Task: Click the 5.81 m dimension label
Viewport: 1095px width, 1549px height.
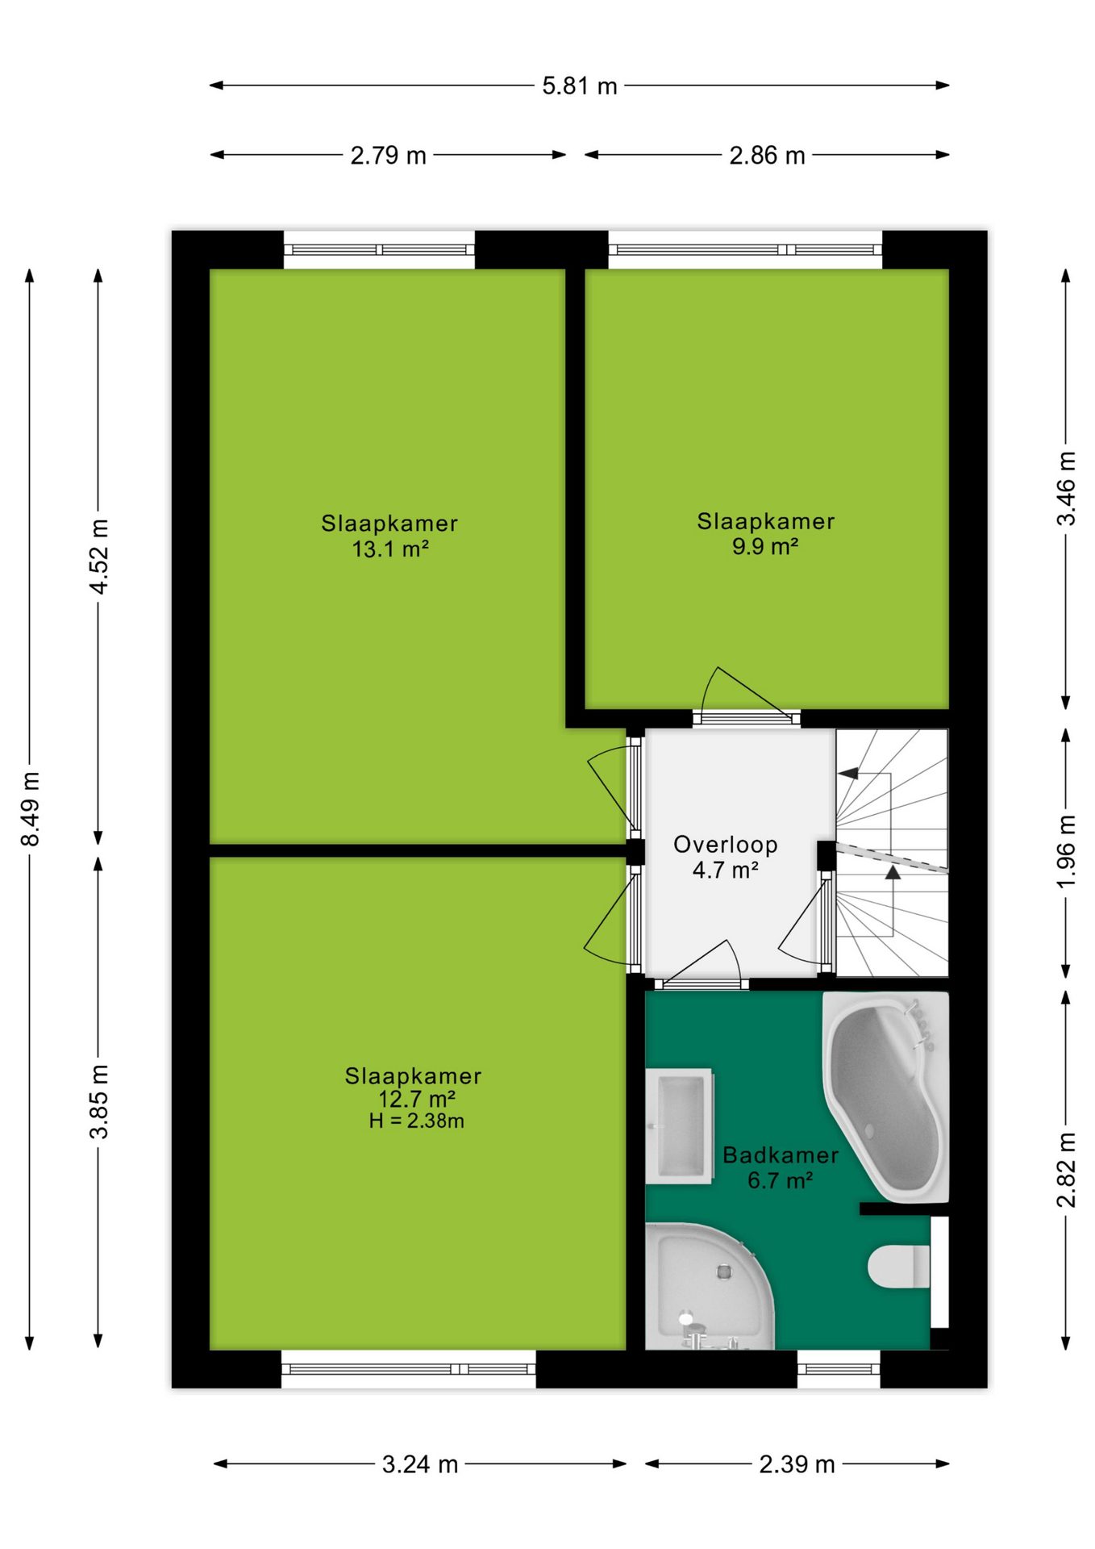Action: coord(579,86)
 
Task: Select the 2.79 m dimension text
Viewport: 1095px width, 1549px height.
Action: coord(388,155)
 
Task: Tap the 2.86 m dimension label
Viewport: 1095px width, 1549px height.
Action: coord(767,155)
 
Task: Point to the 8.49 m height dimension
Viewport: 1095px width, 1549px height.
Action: coord(30,808)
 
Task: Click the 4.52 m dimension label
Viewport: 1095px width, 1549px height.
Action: coord(98,557)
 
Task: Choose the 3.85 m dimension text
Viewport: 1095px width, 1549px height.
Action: coord(98,1101)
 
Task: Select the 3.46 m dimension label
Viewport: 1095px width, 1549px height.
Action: coord(1066,488)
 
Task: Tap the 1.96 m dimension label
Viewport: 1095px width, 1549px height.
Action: coord(1066,852)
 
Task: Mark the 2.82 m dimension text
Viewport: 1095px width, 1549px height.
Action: coord(1066,1170)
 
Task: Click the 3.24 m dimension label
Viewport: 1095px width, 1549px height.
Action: coord(419,1464)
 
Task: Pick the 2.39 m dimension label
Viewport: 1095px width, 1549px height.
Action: coord(797,1464)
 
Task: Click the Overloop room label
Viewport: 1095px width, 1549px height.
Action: coord(725,845)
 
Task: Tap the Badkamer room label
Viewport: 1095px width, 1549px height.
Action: coord(780,1155)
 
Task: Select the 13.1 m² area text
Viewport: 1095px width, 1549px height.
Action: coord(390,549)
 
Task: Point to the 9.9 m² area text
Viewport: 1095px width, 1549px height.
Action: coord(765,547)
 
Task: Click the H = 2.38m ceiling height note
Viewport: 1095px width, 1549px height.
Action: coord(416,1121)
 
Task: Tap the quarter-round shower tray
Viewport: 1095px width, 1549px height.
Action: coord(708,1287)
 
